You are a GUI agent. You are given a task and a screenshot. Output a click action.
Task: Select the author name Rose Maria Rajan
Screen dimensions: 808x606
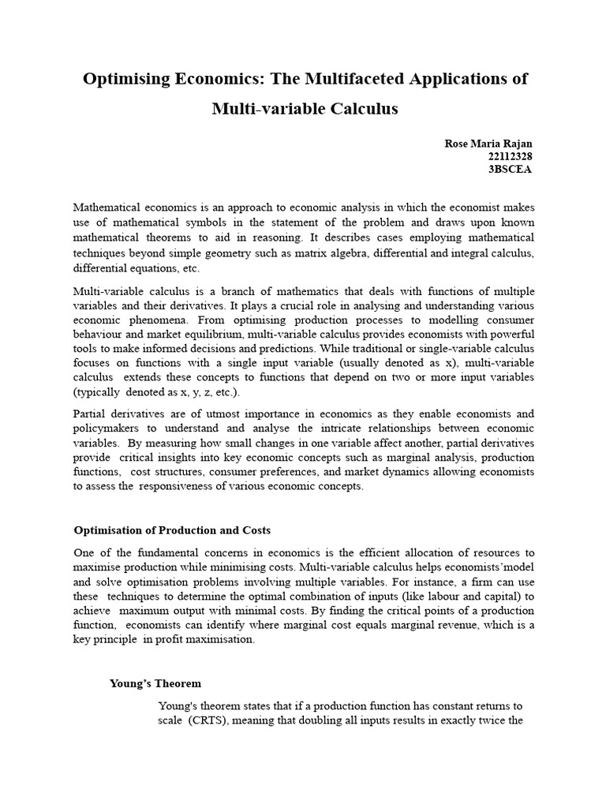[489, 144]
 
